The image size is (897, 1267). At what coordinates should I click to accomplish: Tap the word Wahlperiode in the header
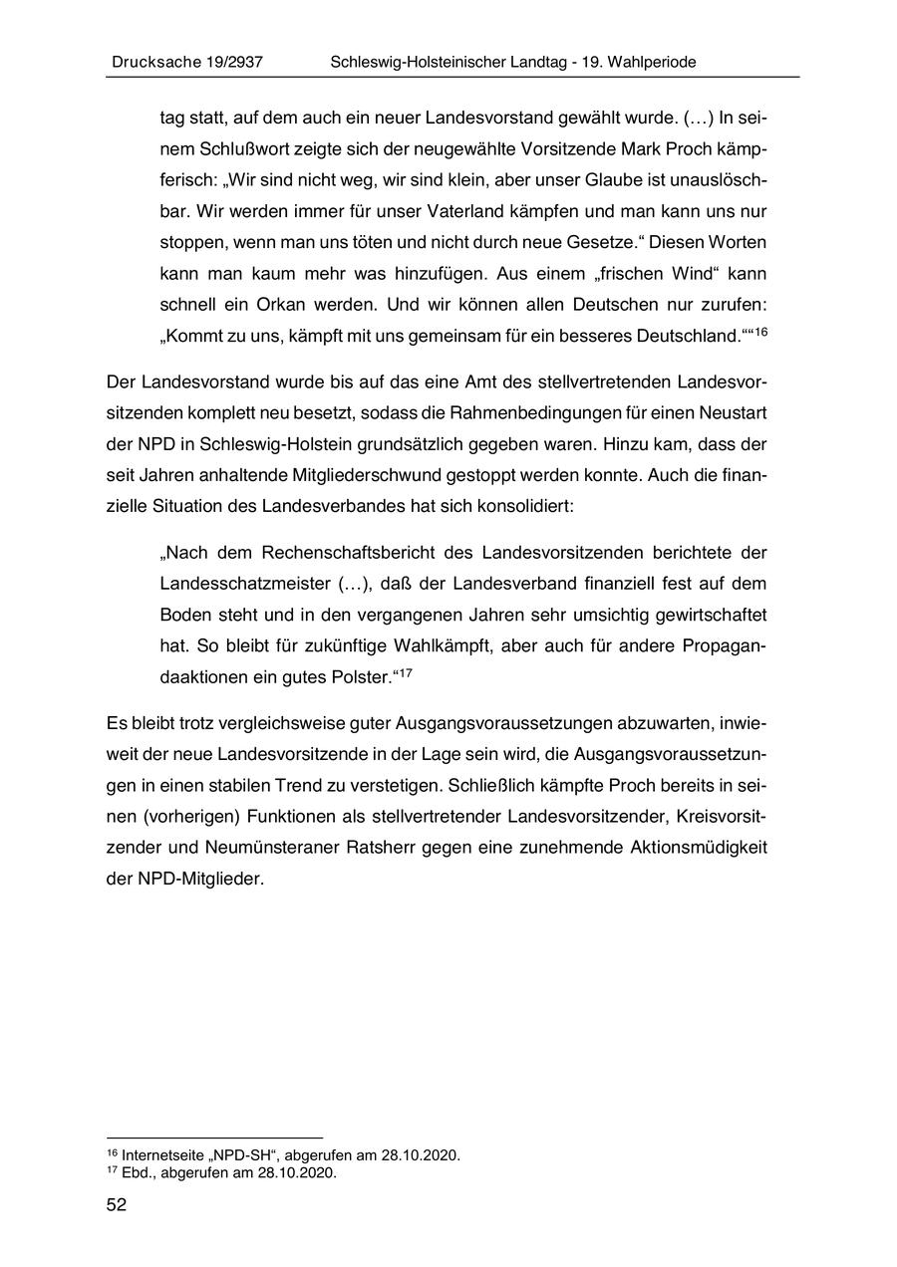648,62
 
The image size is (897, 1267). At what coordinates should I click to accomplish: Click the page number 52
117,1205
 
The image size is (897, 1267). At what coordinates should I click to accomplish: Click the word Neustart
734,413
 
